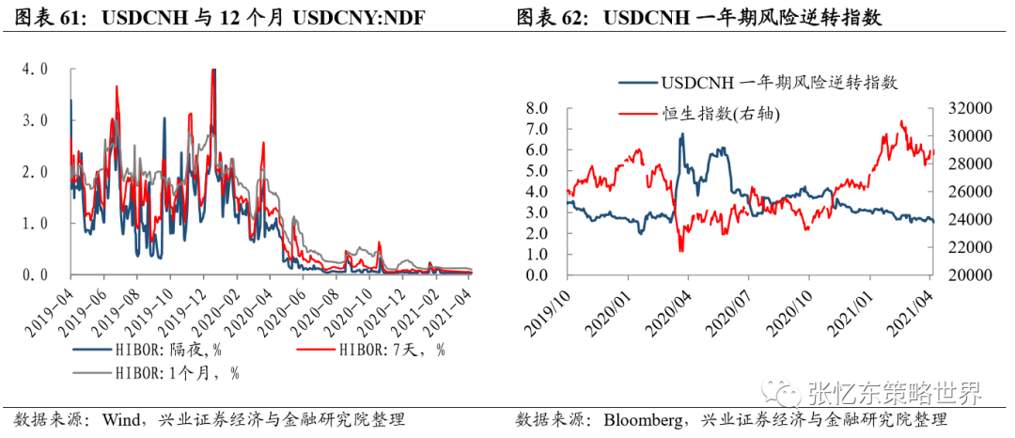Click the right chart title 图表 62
(554, 18)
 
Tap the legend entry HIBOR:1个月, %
(155, 372)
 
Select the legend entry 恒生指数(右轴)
(699, 115)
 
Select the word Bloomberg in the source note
(644, 420)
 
